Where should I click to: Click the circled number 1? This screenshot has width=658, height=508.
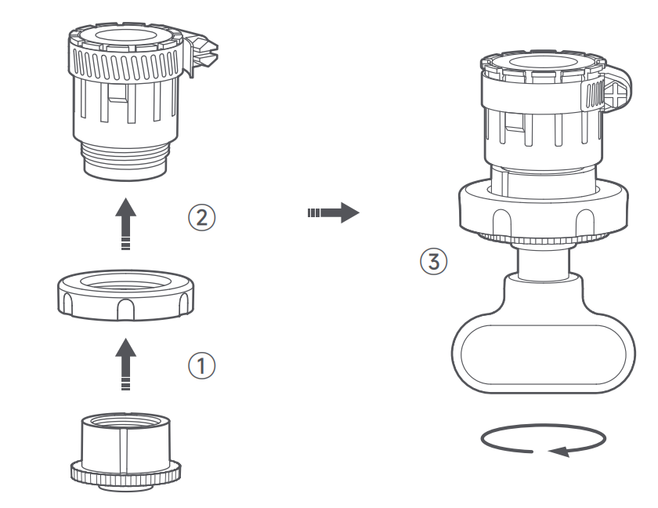[x=202, y=365]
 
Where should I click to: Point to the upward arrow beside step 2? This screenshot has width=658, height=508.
[x=125, y=224]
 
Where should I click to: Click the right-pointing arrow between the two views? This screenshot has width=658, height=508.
[x=334, y=212]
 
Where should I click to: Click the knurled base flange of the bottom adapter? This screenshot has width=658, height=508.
[x=125, y=474]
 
